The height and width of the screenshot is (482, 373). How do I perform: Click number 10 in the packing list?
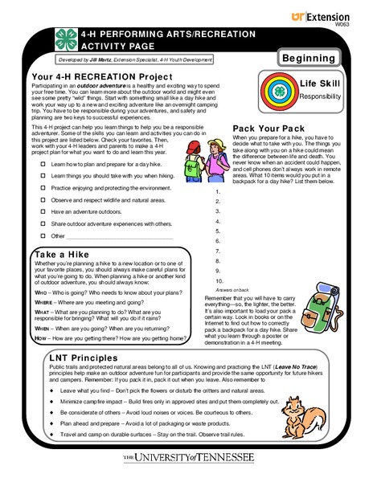219,281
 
